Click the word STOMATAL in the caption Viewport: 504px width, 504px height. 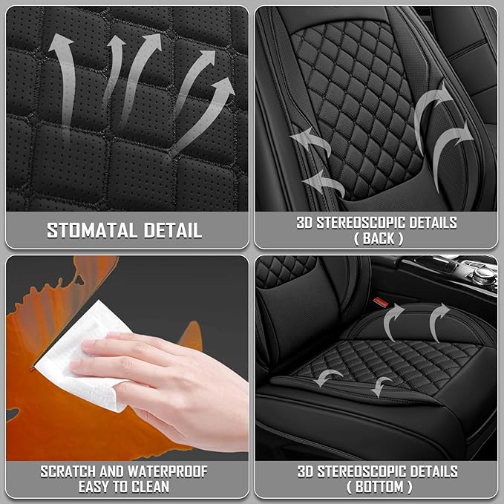point(92,230)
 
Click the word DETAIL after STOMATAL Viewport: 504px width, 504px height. point(173,230)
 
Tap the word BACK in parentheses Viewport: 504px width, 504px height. point(379,238)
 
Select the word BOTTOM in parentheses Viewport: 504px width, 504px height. point(379,487)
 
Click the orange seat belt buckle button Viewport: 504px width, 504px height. point(381,301)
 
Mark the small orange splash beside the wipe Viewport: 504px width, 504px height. point(192,336)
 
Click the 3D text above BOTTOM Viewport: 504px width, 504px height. point(305,471)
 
